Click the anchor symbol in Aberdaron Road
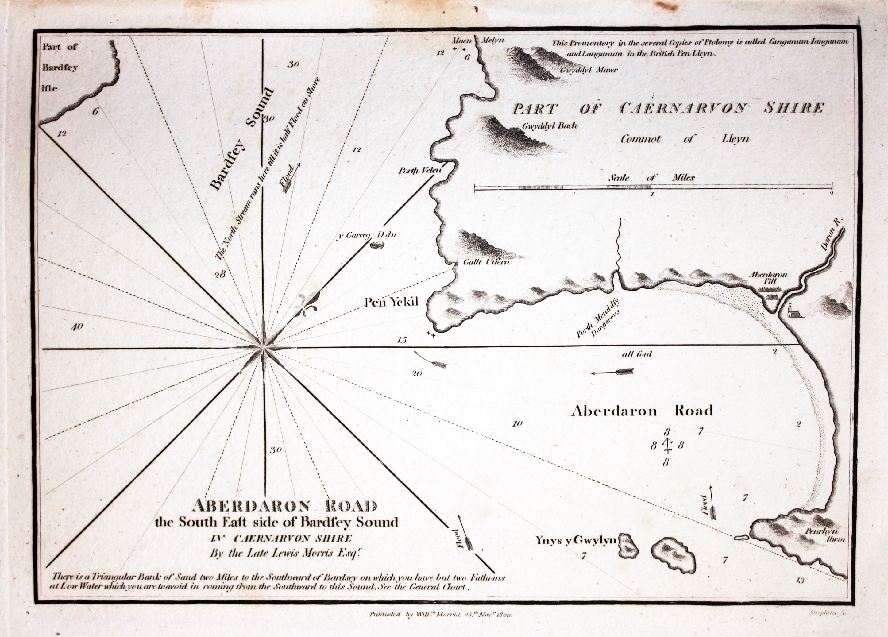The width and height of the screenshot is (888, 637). point(667,446)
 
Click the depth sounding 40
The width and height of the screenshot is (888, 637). point(76,326)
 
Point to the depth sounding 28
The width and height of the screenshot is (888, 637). point(220,274)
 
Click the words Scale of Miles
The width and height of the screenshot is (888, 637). point(651,177)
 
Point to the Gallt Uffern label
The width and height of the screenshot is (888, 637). point(486,262)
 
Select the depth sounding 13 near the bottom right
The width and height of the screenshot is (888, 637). point(800,580)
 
